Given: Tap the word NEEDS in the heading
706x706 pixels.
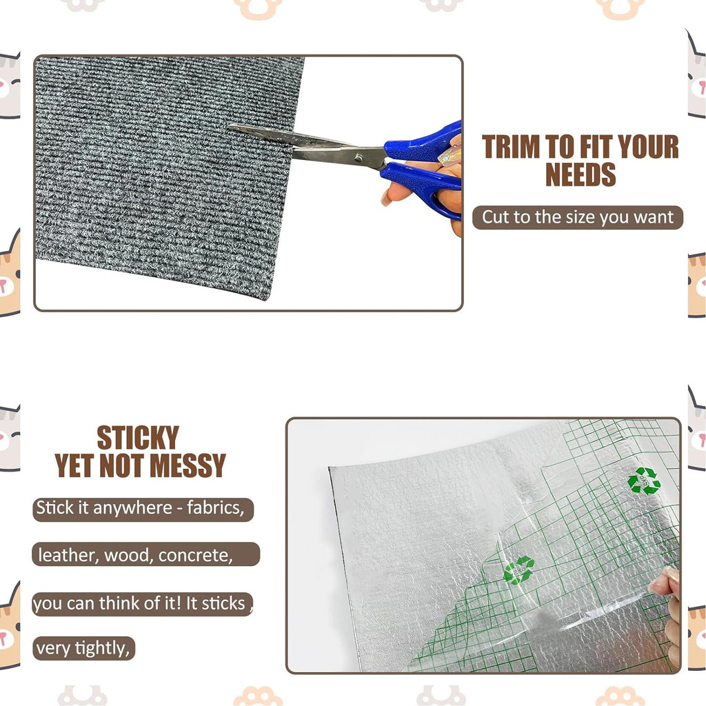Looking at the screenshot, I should tap(581, 174).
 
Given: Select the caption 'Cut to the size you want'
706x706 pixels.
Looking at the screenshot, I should tap(578, 217).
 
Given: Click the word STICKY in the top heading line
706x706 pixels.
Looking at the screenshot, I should tap(138, 438).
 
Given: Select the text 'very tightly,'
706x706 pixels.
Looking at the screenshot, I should tap(83, 648).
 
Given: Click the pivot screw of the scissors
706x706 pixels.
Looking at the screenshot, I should tap(359, 158).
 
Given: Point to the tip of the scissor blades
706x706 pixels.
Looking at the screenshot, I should tap(233, 127).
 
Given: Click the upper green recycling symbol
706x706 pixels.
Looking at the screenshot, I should tap(644, 480).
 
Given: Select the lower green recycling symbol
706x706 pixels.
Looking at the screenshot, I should tap(518, 570).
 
